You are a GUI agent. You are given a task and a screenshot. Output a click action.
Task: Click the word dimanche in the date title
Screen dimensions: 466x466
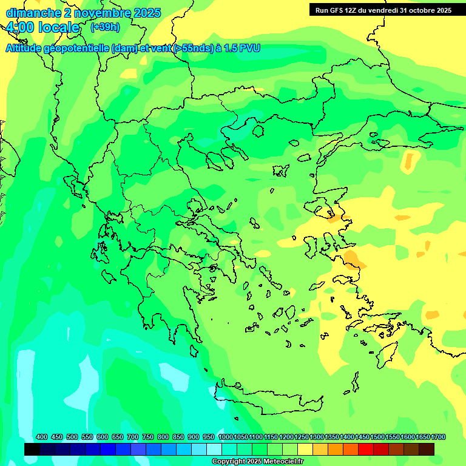[x=30, y=13]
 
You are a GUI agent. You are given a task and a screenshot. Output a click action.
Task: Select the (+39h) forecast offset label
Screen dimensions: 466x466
[x=105, y=27]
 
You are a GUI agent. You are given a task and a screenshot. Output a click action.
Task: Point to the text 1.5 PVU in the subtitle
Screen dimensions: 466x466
[x=241, y=48]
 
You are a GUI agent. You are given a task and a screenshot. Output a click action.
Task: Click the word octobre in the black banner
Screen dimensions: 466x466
[x=419, y=10]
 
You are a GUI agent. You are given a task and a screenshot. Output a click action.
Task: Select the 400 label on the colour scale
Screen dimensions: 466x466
[x=42, y=437]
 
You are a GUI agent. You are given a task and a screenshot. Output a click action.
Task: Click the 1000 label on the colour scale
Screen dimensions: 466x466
[x=225, y=437]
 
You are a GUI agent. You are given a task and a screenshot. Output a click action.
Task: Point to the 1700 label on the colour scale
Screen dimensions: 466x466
[x=438, y=437]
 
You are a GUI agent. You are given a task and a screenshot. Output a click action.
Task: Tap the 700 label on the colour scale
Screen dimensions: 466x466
[x=133, y=437]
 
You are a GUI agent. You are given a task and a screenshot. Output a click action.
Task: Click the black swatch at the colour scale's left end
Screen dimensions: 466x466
[x=32, y=449]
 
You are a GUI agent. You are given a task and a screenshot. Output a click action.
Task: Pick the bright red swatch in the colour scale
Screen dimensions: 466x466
[x=366, y=449]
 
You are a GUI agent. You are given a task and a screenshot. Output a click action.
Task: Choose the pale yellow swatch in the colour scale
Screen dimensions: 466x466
[x=305, y=449]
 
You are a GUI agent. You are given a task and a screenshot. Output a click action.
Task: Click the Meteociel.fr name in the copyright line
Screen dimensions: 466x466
[x=280, y=462]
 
